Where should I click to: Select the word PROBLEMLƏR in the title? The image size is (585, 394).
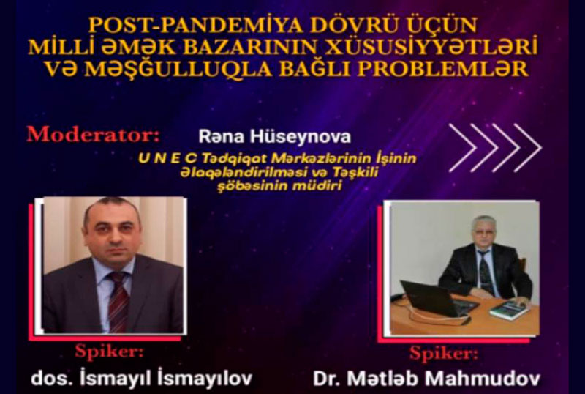443,69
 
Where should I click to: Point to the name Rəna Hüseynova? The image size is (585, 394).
275,137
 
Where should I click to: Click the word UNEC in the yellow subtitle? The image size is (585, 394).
167,158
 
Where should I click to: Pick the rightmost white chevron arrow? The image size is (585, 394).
527,148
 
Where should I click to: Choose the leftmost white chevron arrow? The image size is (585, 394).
463,148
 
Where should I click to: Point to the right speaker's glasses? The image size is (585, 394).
483,234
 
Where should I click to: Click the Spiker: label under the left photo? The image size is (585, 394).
109,352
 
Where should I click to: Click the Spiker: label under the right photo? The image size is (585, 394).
444,353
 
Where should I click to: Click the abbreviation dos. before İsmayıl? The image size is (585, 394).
52,379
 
